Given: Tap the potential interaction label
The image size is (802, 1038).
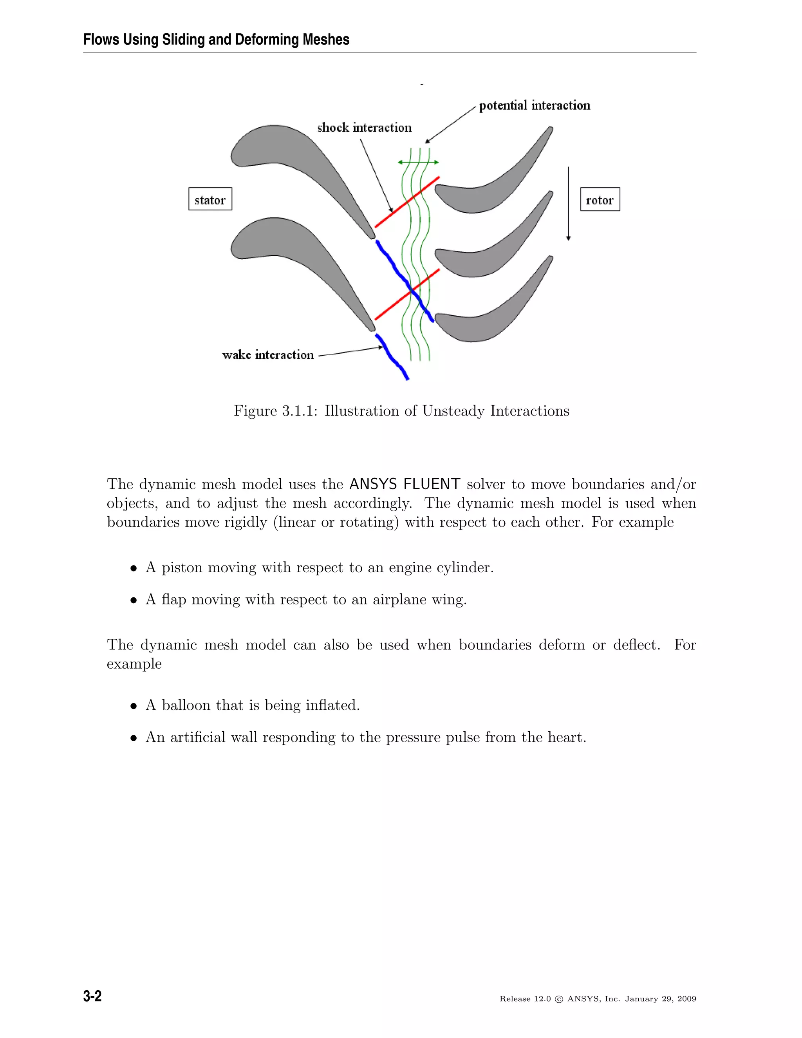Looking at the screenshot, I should click(535, 105).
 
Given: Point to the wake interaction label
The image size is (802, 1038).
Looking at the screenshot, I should click(268, 355).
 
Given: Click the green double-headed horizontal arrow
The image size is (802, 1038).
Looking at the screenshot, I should click(418, 163).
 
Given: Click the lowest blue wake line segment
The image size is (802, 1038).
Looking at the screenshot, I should click(392, 357).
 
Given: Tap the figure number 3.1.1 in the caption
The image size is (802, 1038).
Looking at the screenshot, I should click(299, 411).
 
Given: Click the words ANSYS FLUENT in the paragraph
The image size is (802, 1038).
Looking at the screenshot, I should click(405, 484).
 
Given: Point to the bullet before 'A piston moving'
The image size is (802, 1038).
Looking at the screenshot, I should click(134, 568).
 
